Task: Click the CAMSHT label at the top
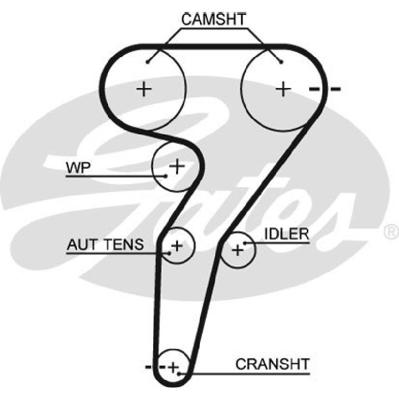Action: (x=214, y=19)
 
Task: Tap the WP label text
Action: (x=78, y=168)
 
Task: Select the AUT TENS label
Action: (x=105, y=244)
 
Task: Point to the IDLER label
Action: (x=286, y=233)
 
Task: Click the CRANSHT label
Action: (x=272, y=364)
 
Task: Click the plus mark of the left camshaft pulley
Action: (x=144, y=89)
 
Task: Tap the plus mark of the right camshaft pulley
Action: (x=283, y=89)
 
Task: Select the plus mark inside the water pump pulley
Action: (x=177, y=166)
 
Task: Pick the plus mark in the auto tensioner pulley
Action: (x=177, y=246)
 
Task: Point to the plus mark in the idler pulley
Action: (x=238, y=250)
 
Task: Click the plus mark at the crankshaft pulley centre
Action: (x=174, y=367)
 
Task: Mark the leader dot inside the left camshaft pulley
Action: (x=148, y=62)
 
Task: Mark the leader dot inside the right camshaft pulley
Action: (x=281, y=62)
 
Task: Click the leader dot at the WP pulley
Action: (x=166, y=176)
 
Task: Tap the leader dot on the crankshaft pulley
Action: (x=179, y=374)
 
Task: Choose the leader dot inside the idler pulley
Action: (x=245, y=243)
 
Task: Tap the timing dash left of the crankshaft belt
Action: (x=148, y=367)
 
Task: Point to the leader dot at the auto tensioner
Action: (x=169, y=253)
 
